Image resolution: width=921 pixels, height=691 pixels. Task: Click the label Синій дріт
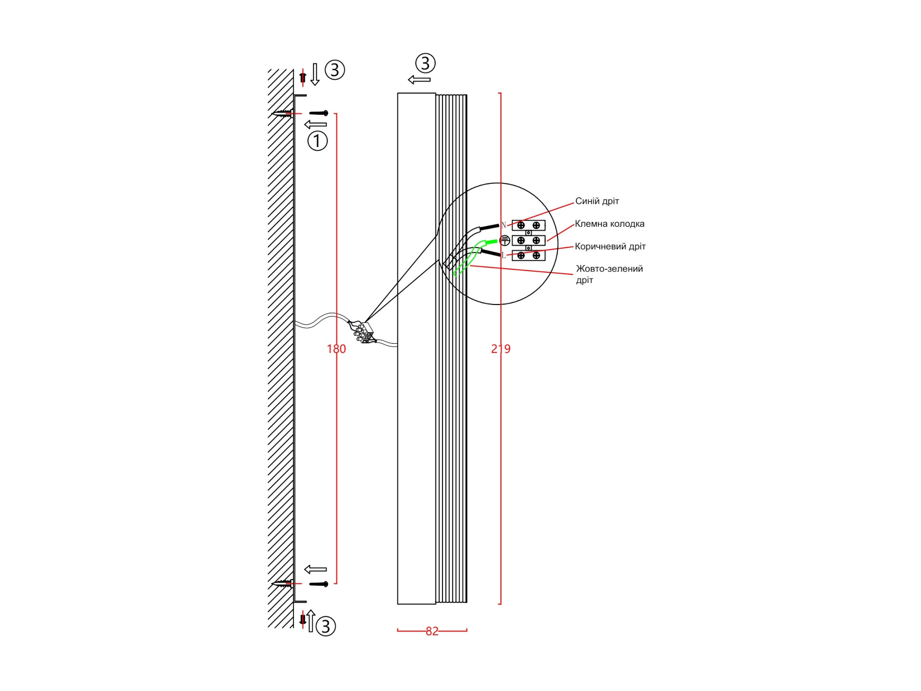tap(597, 201)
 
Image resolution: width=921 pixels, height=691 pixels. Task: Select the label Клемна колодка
tap(610, 224)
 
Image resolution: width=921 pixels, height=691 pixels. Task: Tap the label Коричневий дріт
tap(610, 246)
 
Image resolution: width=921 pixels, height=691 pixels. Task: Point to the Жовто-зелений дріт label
tap(609, 274)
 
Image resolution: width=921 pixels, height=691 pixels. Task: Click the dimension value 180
tap(336, 349)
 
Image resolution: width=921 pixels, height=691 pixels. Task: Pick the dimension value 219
tap(501, 349)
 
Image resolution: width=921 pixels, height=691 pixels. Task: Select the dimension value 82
tap(432, 631)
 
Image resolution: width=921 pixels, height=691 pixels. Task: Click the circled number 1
tap(317, 141)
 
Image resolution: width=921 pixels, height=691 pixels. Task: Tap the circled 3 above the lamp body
tap(425, 63)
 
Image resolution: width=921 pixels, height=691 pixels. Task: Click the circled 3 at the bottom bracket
tap(326, 626)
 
